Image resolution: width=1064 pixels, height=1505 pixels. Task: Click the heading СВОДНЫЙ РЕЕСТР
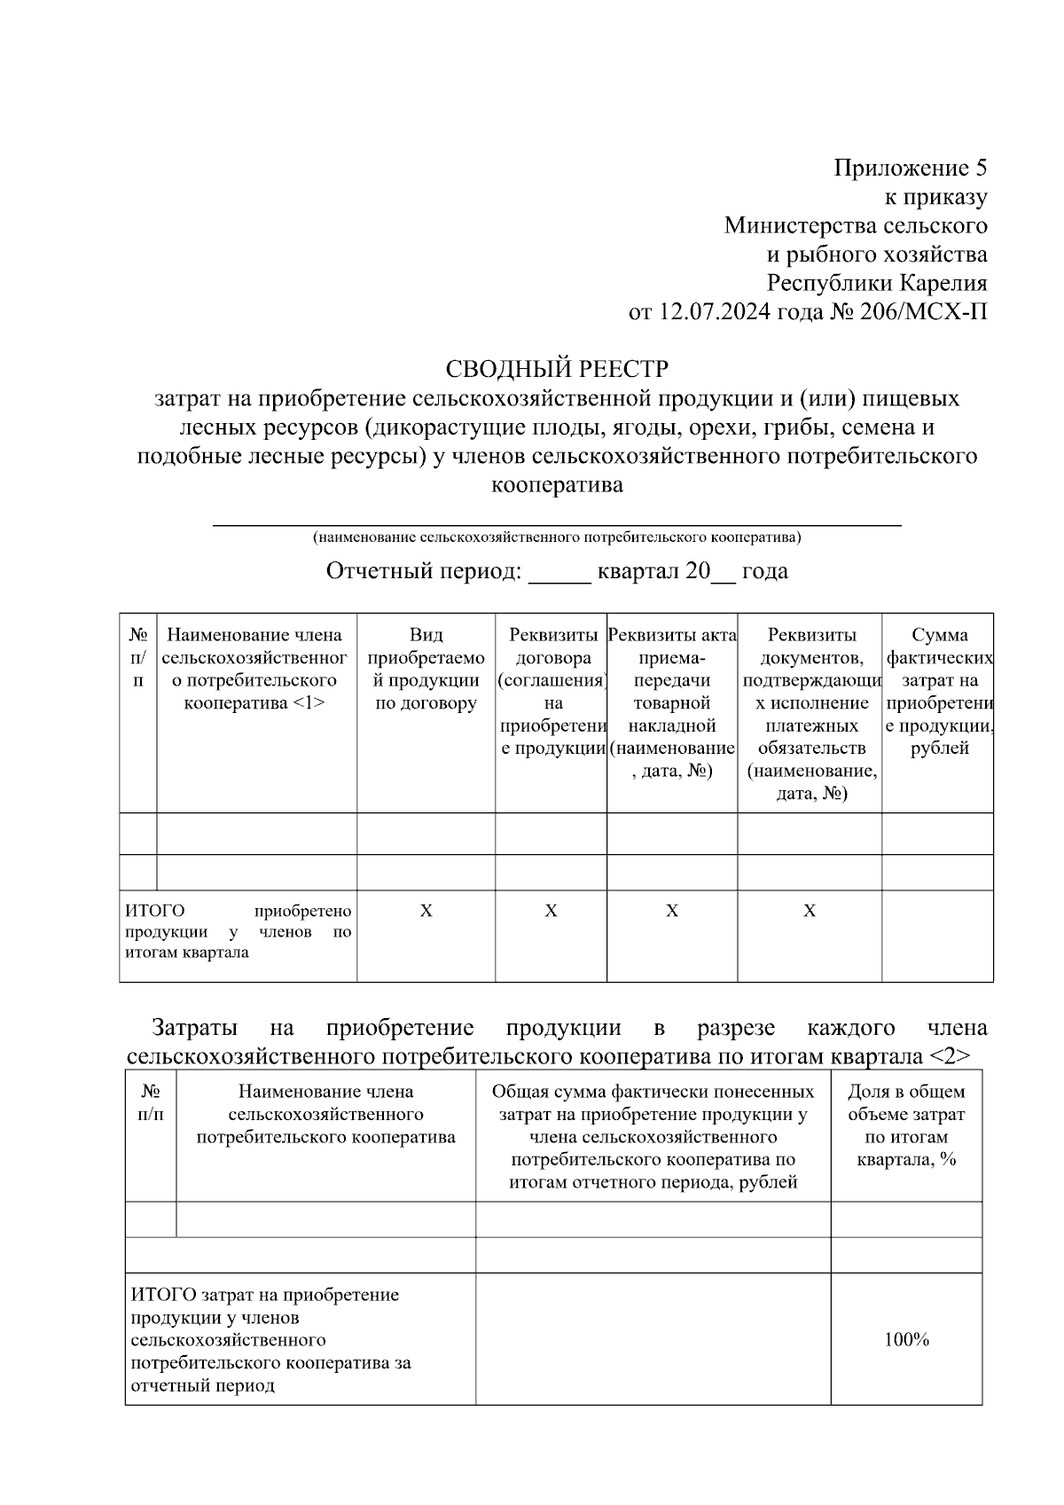pos(557,368)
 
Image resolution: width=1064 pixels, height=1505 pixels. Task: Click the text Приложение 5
pos(910,168)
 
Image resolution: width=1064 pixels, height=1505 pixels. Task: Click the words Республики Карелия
pos(876,284)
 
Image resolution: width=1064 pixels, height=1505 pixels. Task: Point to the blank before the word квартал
pos(559,573)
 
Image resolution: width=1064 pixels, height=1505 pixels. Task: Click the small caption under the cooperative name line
pos(557,537)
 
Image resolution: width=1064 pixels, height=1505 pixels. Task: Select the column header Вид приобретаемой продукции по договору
pos(426,670)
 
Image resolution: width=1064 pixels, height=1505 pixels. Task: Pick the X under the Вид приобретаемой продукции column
pos(426,911)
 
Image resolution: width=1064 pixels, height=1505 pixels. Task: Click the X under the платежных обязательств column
pos(810,911)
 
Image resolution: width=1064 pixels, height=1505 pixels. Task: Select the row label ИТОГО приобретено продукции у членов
pos(238,932)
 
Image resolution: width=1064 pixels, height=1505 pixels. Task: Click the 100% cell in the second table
pos(906,1340)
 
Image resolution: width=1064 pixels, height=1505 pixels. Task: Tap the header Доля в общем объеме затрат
pos(906,1125)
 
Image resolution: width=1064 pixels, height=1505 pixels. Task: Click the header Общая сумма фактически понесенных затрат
pos(653,1136)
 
